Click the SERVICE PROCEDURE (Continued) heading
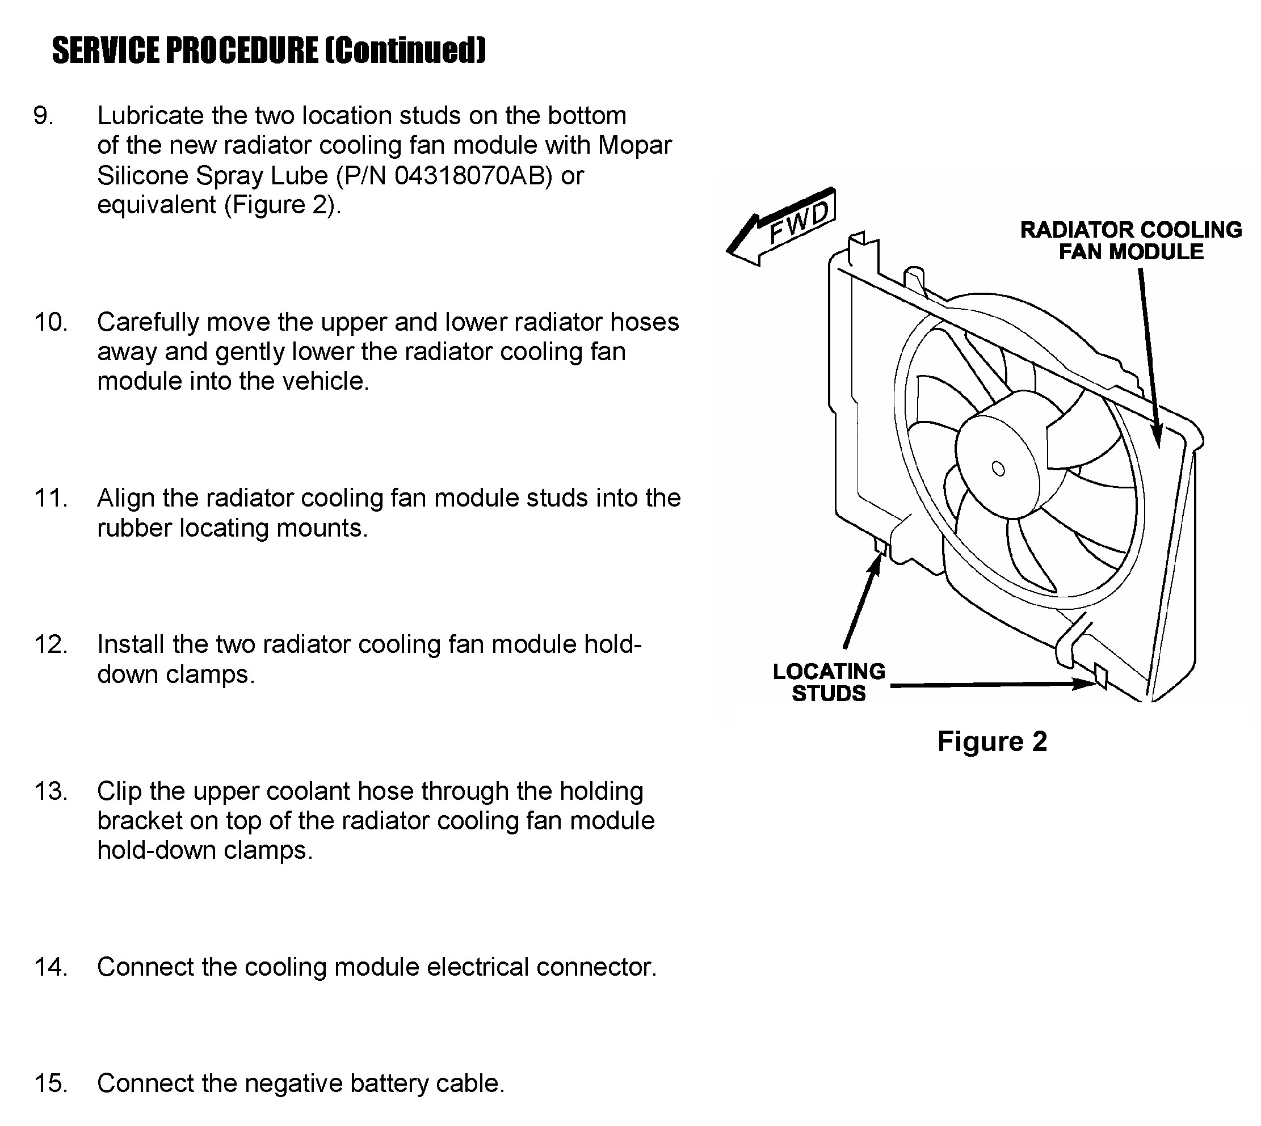[x=268, y=50]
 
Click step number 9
[x=43, y=116]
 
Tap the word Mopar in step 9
[x=634, y=145]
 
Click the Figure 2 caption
[x=991, y=741]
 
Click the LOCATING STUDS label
[x=829, y=682]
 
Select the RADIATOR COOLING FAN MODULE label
[x=1131, y=241]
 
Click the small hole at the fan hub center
[x=998, y=469]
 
